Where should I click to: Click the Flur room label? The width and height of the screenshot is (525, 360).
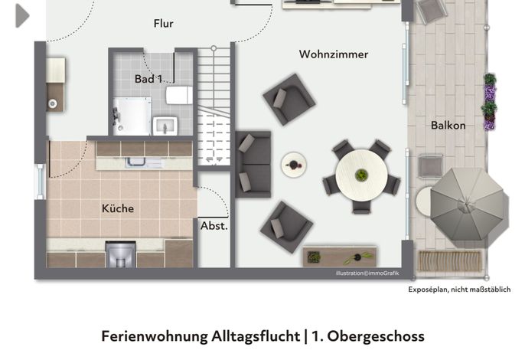(164, 24)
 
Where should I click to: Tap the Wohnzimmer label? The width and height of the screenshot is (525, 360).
(334, 54)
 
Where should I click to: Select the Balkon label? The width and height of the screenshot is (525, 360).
(448, 126)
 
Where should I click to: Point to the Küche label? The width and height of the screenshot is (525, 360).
(118, 208)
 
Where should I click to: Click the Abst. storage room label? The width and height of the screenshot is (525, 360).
(214, 226)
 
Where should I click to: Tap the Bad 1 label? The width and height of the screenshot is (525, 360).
(148, 79)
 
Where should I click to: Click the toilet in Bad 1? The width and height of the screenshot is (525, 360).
(179, 95)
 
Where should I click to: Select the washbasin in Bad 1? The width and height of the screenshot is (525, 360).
(165, 126)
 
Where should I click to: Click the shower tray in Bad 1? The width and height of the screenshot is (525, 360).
(132, 116)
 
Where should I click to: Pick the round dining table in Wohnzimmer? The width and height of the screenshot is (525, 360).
(361, 175)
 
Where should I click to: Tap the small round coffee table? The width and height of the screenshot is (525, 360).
(294, 165)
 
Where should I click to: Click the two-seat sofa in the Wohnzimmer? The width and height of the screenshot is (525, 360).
(253, 164)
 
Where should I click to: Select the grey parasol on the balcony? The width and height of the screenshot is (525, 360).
(468, 205)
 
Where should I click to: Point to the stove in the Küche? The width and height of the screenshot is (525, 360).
(121, 254)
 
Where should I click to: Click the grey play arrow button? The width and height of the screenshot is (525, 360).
(22, 15)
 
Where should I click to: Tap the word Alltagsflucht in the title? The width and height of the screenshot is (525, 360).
(256, 336)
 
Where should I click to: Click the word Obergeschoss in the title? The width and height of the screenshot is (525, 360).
(376, 336)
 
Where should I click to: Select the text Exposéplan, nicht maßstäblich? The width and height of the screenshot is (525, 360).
(459, 290)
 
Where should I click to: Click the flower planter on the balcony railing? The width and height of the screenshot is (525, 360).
(490, 102)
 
